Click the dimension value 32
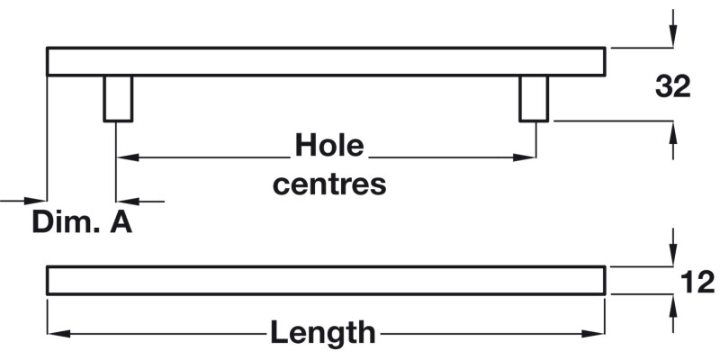coord(672,86)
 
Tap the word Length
coord(323,333)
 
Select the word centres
coord(329,184)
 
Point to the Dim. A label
coord(82,222)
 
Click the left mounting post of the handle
coord(119,98)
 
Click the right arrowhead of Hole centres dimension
coord(526,157)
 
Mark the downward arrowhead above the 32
coord(672,37)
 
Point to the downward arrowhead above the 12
coord(672,256)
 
